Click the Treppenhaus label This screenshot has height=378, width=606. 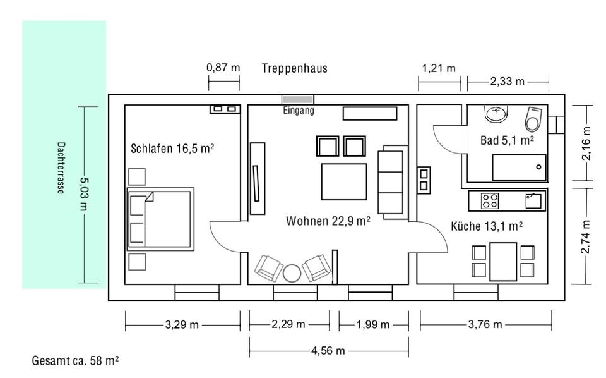pos(295,68)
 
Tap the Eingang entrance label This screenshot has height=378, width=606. pos(299,111)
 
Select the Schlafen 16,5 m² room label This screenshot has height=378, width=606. pos(172,149)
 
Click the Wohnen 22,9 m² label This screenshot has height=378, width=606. pos(328,221)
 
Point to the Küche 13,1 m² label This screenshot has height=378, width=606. pos(487,226)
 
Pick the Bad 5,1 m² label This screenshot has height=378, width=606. pos(507,140)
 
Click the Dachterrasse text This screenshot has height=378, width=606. pos(61,168)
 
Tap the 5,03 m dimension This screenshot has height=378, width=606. pos(84,194)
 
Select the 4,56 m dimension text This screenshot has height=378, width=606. pos(328,351)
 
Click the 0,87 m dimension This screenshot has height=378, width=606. pos(223,68)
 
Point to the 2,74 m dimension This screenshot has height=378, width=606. pos(586,236)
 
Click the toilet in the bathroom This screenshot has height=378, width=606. pos(533,118)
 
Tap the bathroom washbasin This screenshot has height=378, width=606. pos(496,114)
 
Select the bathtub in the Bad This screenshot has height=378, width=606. pos(520,168)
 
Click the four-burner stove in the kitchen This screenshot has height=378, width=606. pos(490,201)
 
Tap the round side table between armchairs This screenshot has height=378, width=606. pos(292,274)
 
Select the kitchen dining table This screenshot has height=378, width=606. pos(503,262)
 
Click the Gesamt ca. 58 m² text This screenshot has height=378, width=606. pos(75,360)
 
